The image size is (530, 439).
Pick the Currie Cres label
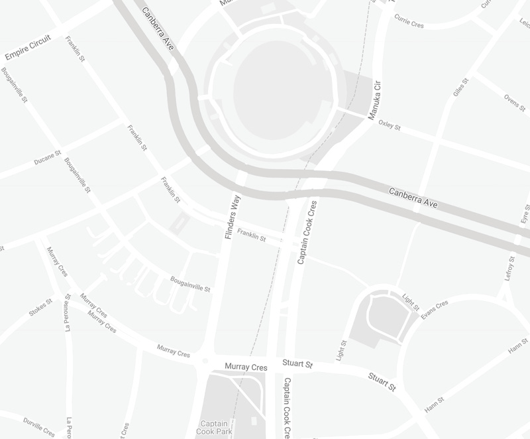[409, 23]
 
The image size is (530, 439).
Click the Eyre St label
[525, 216]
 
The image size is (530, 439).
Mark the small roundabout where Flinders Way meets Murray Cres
[205, 361]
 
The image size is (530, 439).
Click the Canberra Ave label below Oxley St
[413, 198]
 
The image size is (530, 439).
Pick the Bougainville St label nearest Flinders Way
[190, 284]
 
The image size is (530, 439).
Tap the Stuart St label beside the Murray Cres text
[297, 365]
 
